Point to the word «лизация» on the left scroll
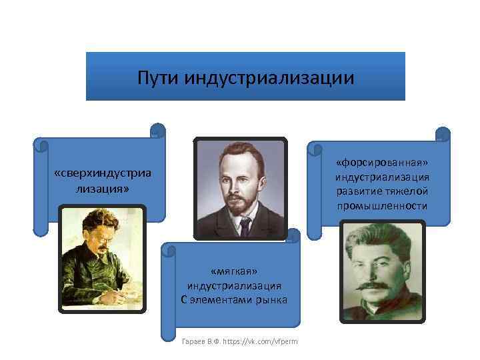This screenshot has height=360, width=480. point(102,189)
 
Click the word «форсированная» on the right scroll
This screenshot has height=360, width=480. point(383,163)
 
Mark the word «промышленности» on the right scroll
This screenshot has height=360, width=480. point(383,206)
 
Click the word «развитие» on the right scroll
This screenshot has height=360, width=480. point(358,191)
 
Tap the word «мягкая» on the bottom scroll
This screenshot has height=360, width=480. point(234,271)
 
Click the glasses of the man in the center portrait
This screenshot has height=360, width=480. point(239,180)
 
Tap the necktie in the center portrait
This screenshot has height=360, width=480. point(245,227)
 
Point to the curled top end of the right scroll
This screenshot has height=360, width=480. point(443,134)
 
